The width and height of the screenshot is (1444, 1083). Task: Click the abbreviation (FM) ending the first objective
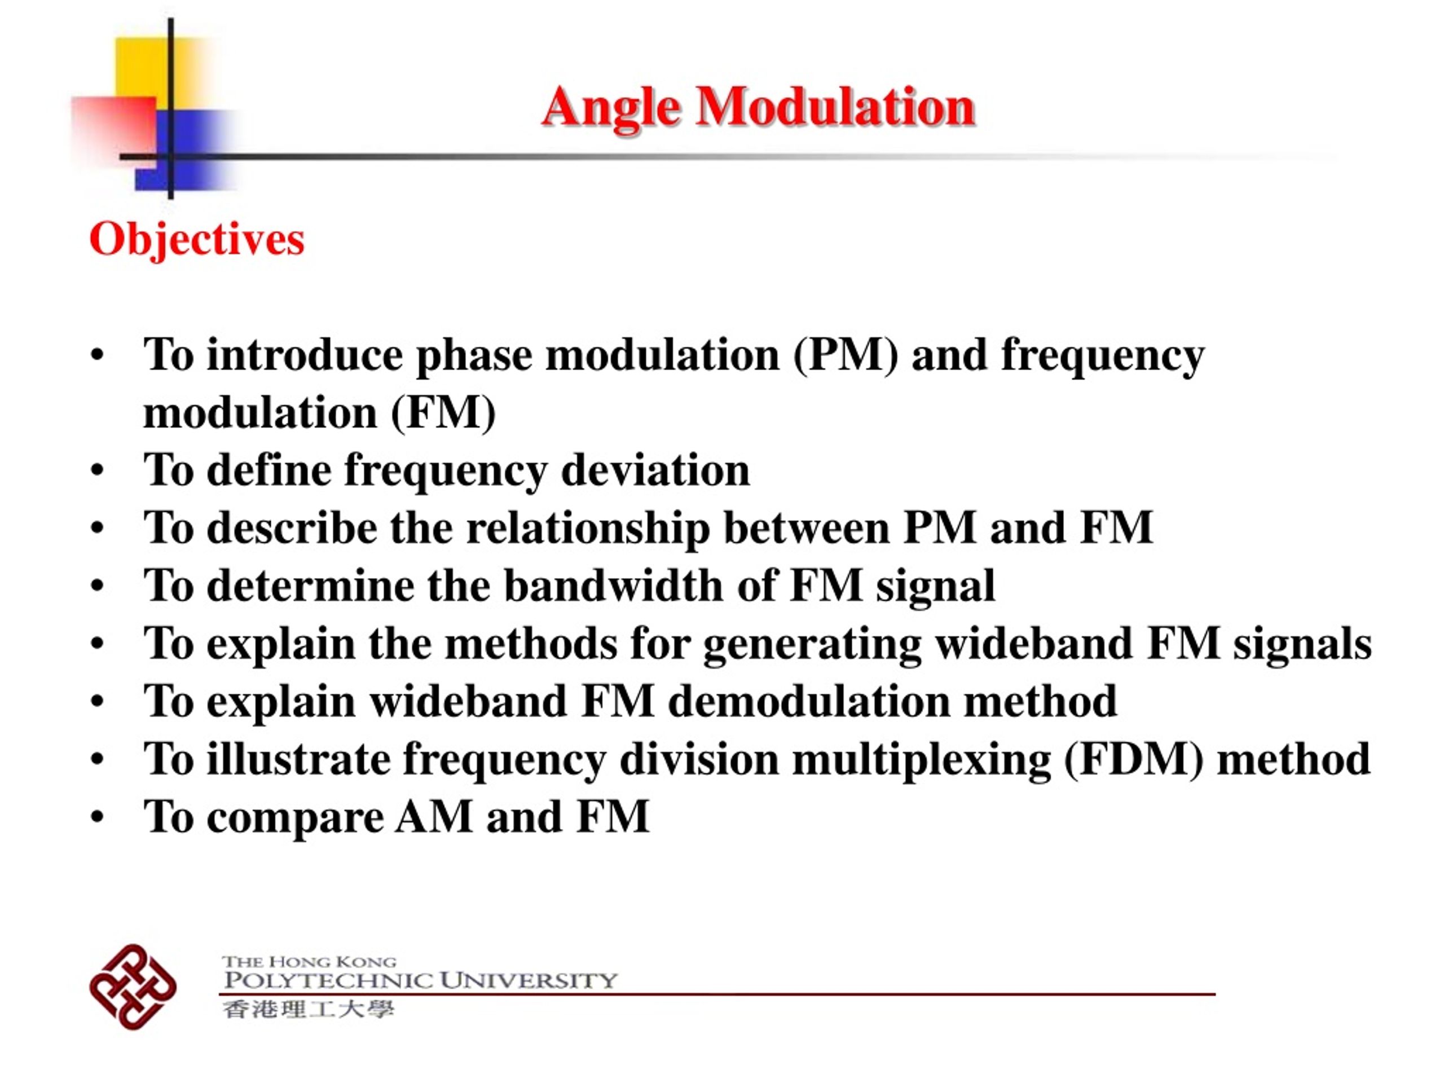pos(443,413)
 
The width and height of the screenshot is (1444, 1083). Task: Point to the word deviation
pos(655,470)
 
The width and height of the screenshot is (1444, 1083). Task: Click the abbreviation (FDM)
pos(1134,759)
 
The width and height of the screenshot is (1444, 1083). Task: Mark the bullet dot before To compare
pos(97,817)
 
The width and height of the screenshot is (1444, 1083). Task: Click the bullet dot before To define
pos(97,470)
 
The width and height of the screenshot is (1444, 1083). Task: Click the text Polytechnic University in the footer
pos(420,980)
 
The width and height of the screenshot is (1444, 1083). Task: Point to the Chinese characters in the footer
pos(308,1009)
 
